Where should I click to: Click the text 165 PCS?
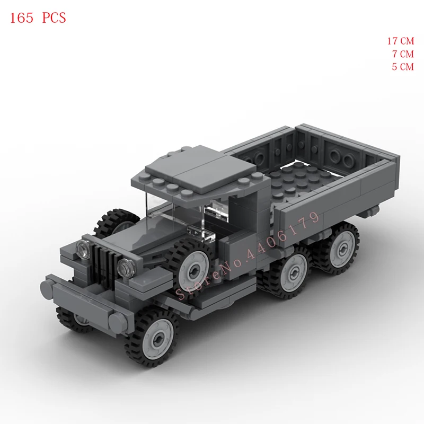tap(38, 17)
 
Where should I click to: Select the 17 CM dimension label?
tap(400, 41)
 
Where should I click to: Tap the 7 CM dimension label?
tap(402, 54)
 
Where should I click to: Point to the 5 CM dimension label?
tap(402, 67)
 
